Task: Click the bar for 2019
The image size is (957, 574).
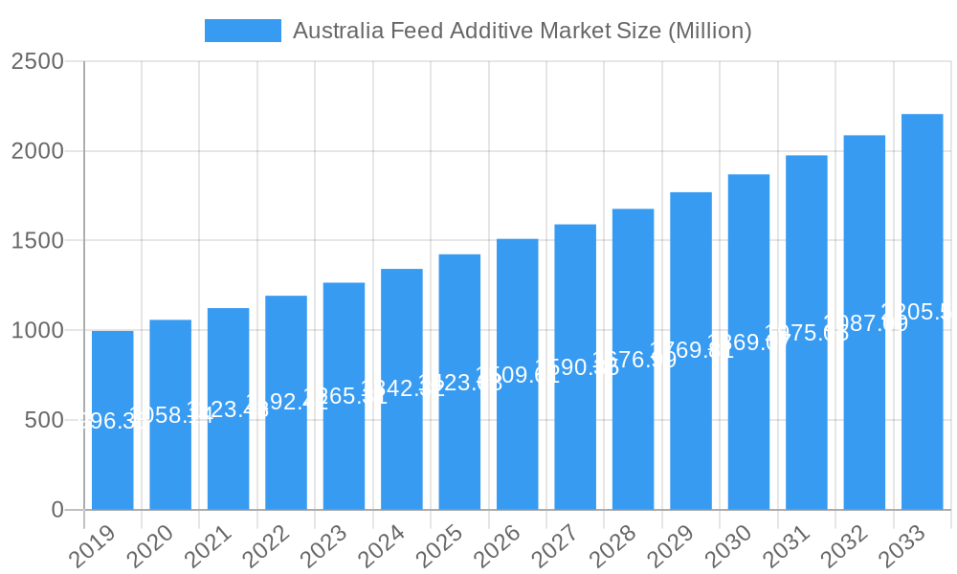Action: coord(113,421)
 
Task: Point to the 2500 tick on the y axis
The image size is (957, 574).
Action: coord(37,62)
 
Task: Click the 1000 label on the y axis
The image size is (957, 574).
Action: coord(37,331)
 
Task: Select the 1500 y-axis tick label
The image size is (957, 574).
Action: coord(37,241)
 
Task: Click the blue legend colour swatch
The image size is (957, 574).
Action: coord(243,31)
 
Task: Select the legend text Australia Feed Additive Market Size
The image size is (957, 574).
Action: coord(523,31)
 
